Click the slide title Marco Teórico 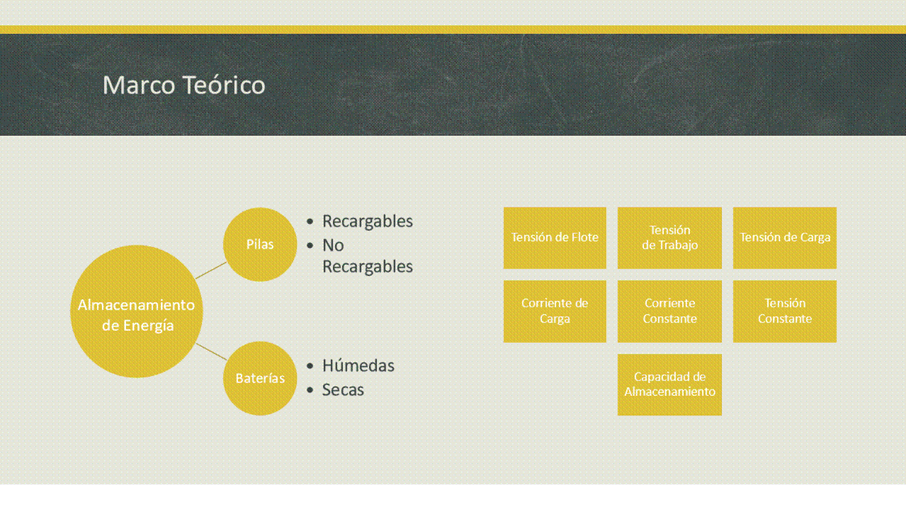[x=184, y=85]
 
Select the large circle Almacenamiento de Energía [x=137, y=312]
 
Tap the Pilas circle [x=260, y=244]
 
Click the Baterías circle [x=260, y=378]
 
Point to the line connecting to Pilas [x=211, y=270]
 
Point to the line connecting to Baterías [x=211, y=351]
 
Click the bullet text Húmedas [x=358, y=365]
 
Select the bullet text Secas [x=343, y=390]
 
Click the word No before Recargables [x=333, y=245]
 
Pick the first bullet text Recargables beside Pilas [x=368, y=222]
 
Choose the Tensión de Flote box [x=555, y=238]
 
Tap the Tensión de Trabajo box [x=670, y=238]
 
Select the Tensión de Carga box [x=785, y=238]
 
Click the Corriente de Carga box [x=555, y=312]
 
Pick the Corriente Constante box [x=670, y=312]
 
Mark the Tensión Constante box [x=785, y=312]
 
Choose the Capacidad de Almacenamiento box [x=670, y=385]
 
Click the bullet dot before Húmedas [x=310, y=366]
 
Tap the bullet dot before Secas [x=310, y=390]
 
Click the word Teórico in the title [x=224, y=85]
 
